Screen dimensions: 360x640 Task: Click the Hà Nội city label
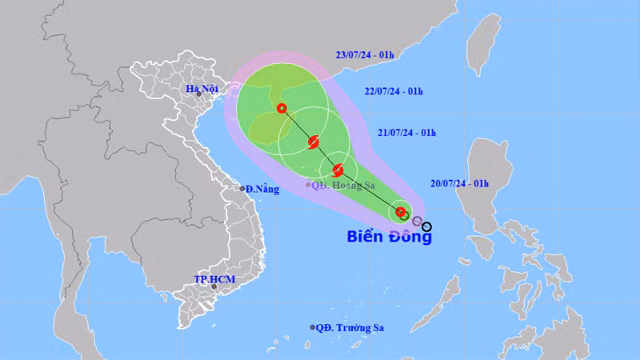(202, 89)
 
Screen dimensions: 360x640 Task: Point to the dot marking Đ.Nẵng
(243, 189)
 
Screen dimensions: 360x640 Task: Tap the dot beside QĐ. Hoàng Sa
(307, 185)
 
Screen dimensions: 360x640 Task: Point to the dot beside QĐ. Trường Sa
(313, 327)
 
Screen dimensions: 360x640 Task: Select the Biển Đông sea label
(388, 236)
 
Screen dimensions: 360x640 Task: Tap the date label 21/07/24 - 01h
(408, 132)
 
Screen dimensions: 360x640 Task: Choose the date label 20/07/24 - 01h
(460, 184)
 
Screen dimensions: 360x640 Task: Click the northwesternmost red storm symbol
(282, 109)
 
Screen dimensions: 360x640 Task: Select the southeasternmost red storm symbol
(401, 212)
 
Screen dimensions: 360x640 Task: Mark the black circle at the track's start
(426, 226)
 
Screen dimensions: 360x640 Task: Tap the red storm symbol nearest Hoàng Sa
(338, 169)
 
